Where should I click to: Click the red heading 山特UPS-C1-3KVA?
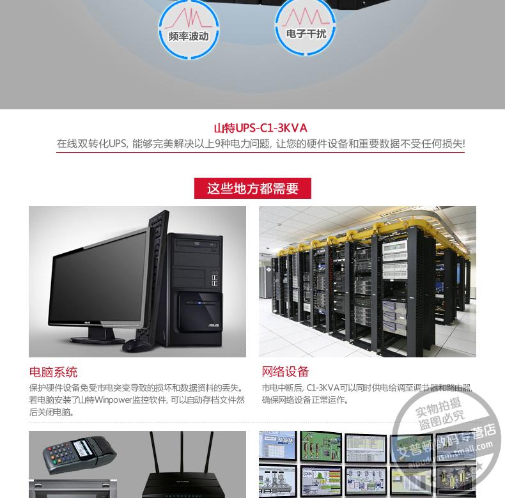(x=260, y=128)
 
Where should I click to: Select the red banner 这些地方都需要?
(x=252, y=189)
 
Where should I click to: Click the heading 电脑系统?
(x=53, y=372)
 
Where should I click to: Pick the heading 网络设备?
(x=285, y=371)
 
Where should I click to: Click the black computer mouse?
(x=136, y=345)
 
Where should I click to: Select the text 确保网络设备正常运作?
(x=306, y=400)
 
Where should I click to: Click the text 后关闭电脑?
(x=52, y=412)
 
